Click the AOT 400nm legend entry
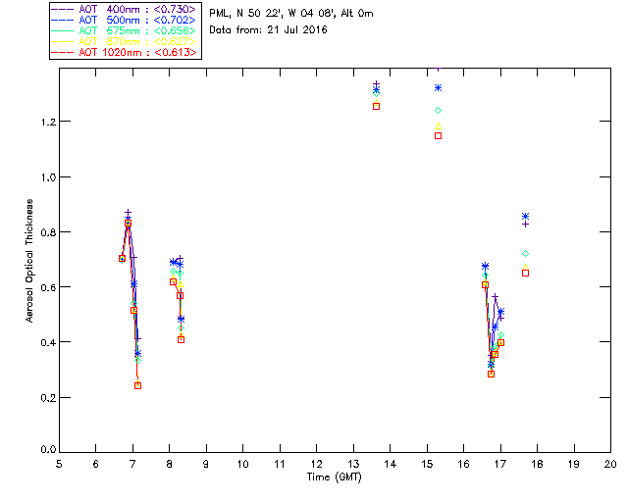point(124,9)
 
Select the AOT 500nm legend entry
point(124,20)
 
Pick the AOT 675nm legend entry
point(124,30)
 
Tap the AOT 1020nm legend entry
point(124,52)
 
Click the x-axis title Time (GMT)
point(335,477)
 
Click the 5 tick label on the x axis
point(59,463)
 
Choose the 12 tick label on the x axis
point(316,463)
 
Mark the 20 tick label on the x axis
point(610,463)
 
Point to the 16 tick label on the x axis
point(463,463)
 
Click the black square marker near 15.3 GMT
point(438,135)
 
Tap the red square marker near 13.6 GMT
point(377,106)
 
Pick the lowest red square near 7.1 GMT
point(137,385)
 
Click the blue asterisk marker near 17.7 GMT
point(526,216)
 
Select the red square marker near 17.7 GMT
point(526,273)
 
